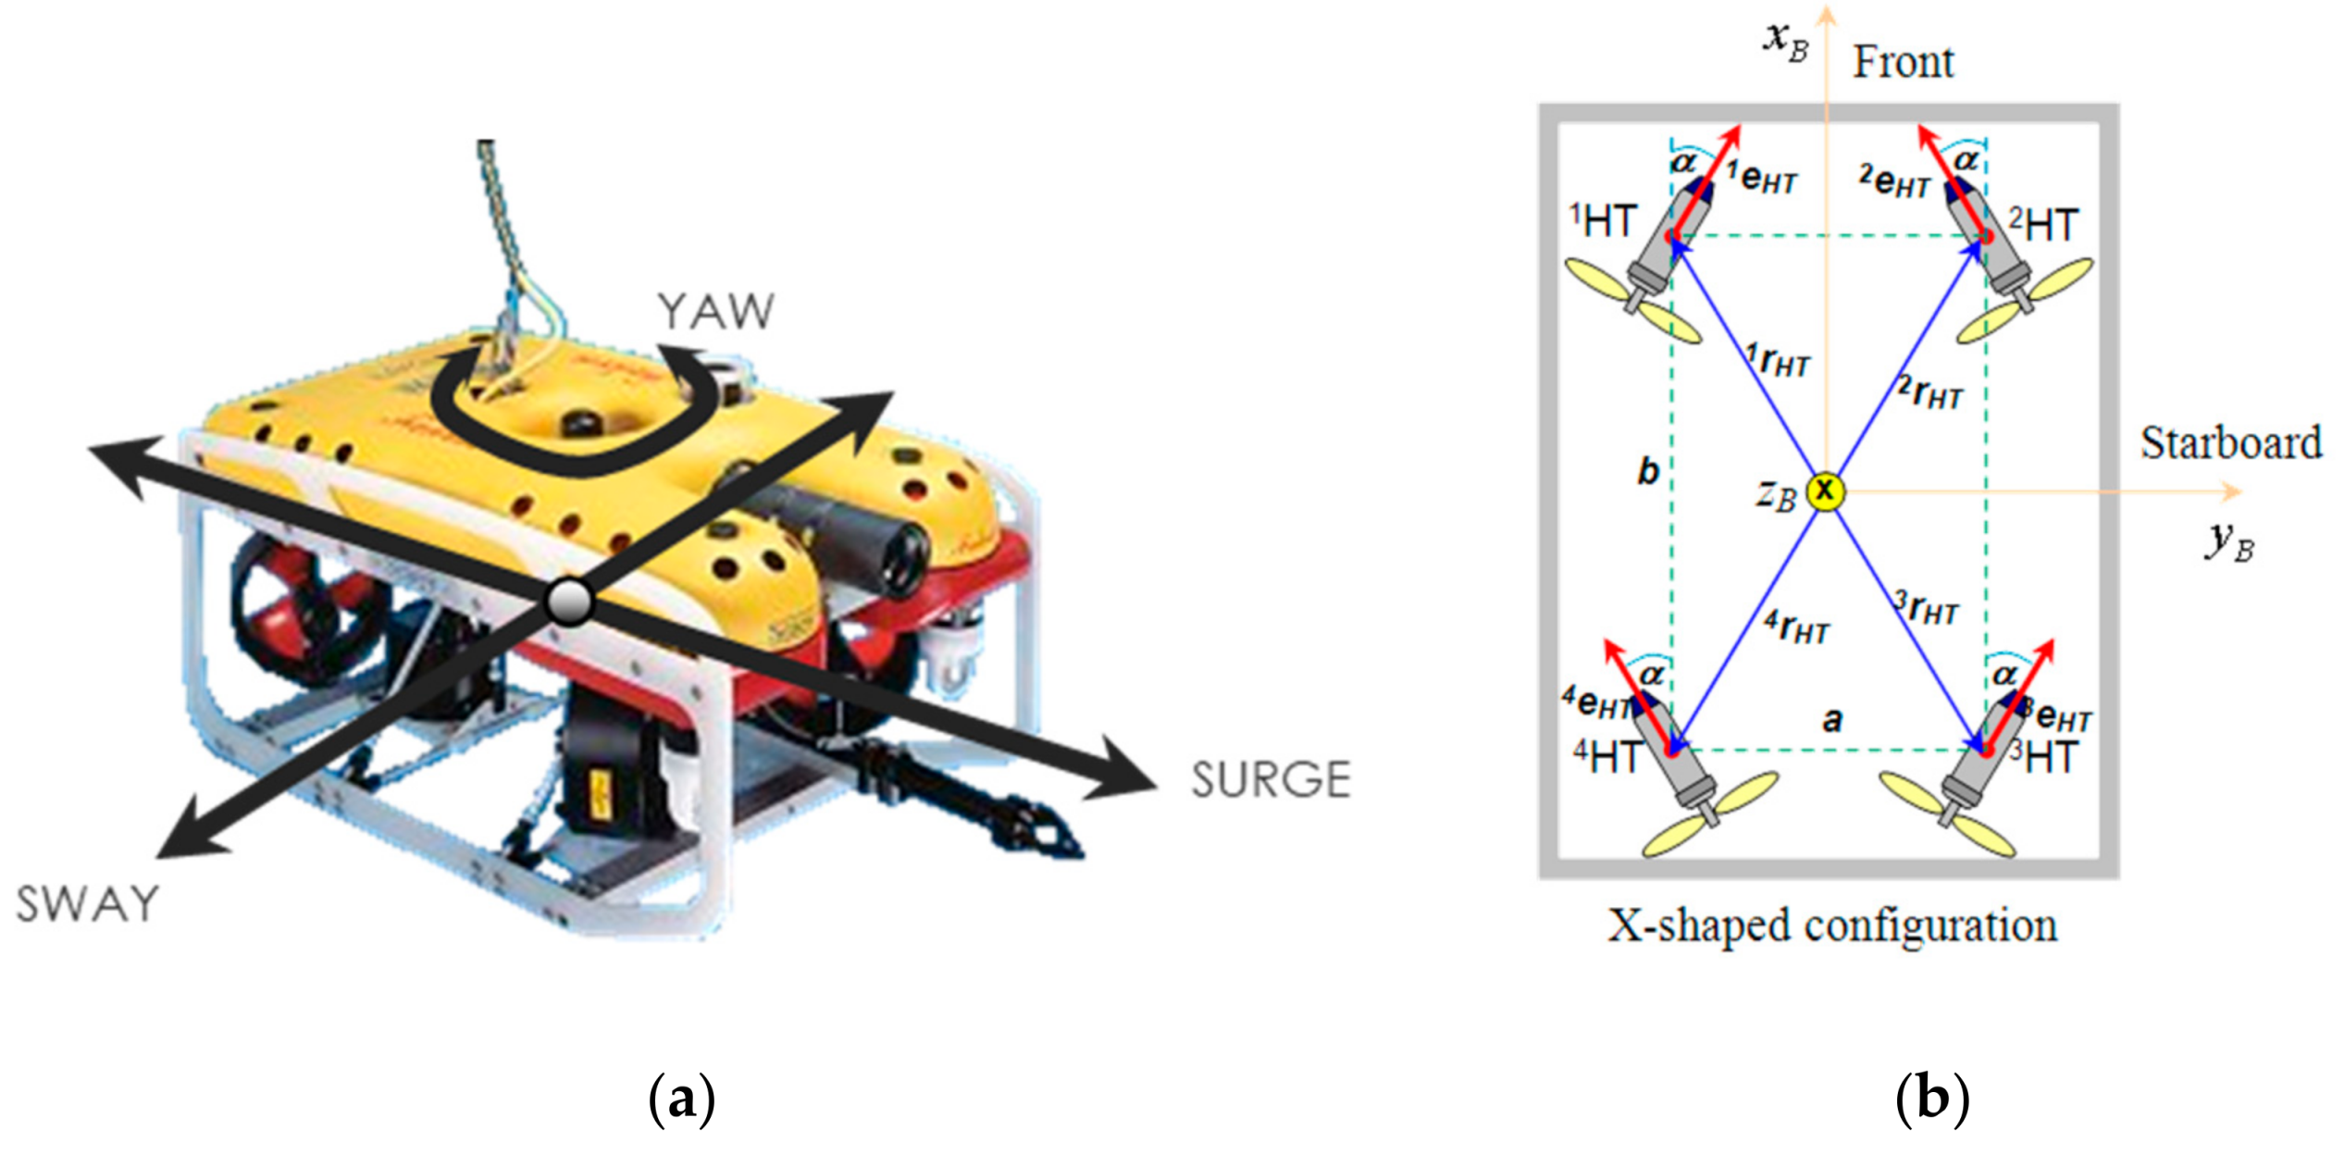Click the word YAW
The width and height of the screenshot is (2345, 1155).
coord(714,312)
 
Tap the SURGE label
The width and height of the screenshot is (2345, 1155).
coord(1270,779)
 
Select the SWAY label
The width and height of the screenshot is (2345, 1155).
coord(88,904)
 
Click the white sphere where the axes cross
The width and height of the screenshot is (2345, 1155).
coord(569,602)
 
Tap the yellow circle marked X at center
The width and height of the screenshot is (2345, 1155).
coord(1825,491)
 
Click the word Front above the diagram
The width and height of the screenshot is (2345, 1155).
coord(1903,63)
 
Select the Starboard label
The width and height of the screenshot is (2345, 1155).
coord(2230,442)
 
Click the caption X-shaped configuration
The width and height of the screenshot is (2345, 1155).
coord(1831,925)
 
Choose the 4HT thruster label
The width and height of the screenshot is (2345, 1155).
coord(1607,756)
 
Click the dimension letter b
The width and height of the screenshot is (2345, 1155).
coord(1648,471)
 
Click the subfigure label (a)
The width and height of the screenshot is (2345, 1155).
coord(682,1099)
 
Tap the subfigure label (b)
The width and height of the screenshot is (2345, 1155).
coord(1932,1099)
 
